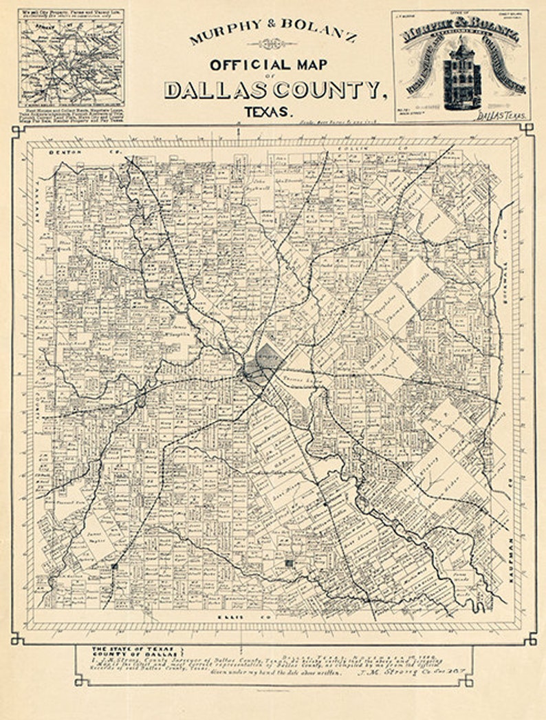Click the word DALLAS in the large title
point(215,89)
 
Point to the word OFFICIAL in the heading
point(244,65)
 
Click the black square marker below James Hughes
point(113,567)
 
